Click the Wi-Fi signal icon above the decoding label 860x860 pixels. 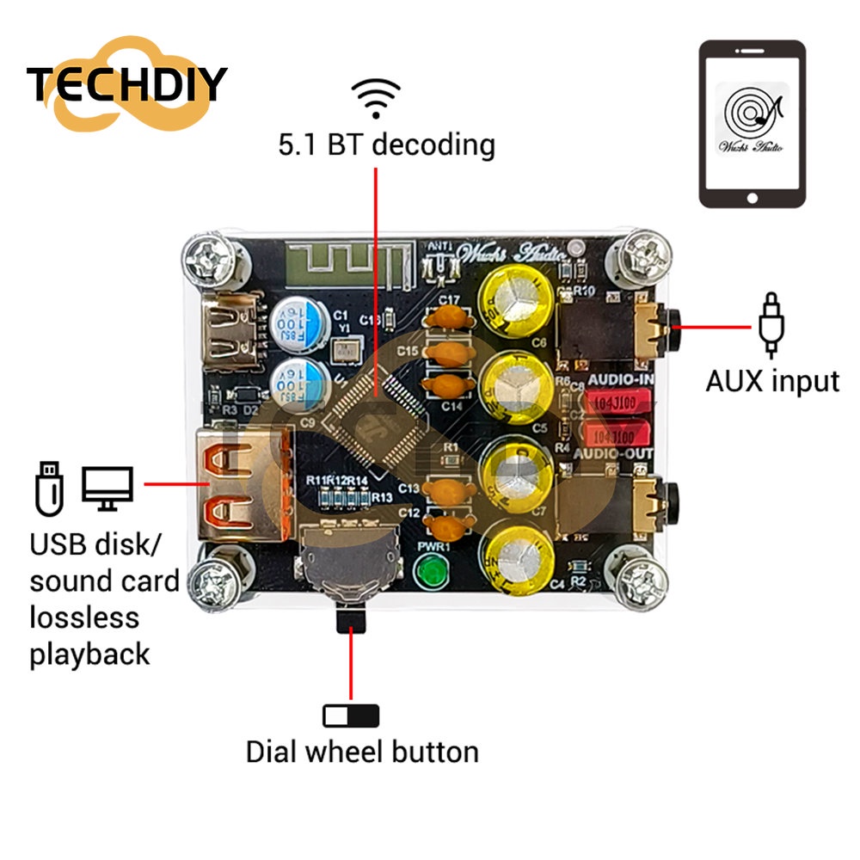[376, 97]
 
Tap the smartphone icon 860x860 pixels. [752, 124]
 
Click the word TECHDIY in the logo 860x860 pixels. [126, 83]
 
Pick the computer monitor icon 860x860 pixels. [107, 488]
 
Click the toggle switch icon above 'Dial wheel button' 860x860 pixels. [351, 716]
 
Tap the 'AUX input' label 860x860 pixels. [772, 380]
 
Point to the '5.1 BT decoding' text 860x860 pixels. [386, 144]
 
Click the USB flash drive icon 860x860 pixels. [49, 488]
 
